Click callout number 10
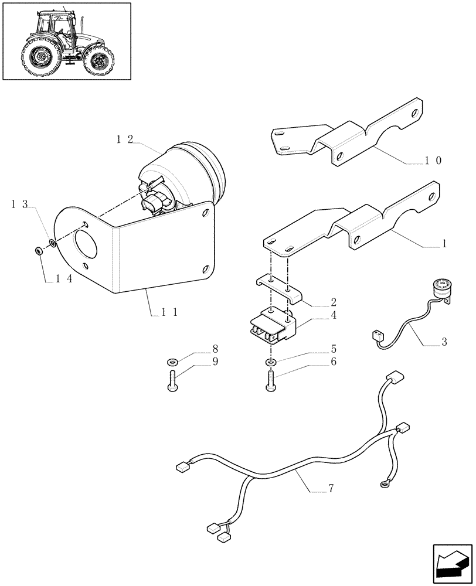(434, 160)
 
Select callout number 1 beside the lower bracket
(444, 244)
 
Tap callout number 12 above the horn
(124, 139)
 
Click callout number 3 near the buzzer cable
(444, 342)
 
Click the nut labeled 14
(39, 251)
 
